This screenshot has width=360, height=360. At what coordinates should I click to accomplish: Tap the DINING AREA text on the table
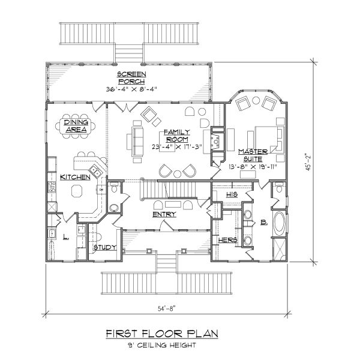76,125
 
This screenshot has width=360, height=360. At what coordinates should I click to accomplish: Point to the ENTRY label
164,214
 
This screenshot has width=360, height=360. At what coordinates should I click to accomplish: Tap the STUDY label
104,247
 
